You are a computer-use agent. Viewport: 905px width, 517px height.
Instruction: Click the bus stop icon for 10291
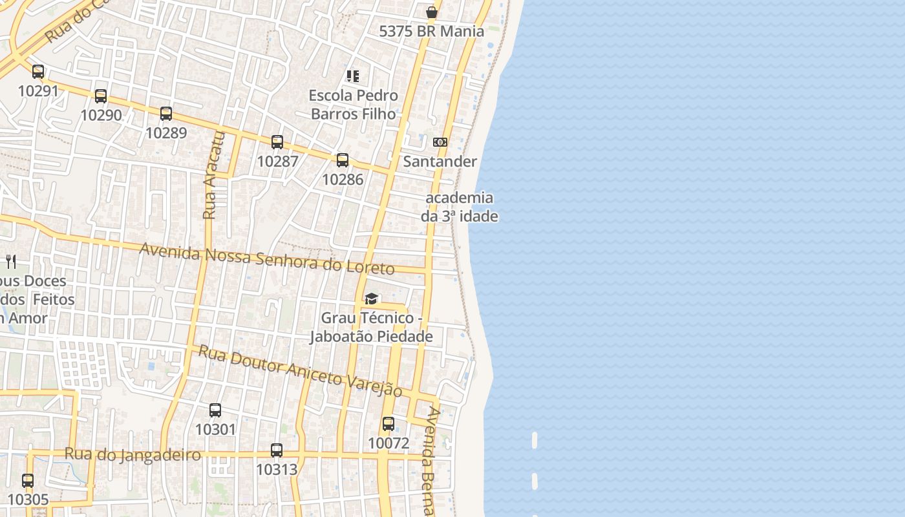tap(38, 72)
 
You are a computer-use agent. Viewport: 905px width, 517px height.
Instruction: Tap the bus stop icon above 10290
tap(101, 96)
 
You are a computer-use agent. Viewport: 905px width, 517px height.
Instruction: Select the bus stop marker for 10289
tap(166, 114)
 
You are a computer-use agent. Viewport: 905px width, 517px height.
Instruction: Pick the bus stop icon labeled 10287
tap(277, 142)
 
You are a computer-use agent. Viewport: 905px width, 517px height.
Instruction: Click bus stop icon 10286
tap(343, 160)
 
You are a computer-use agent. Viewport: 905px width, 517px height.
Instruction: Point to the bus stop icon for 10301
tap(215, 410)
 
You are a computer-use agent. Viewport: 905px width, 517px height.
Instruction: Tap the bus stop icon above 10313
tap(277, 450)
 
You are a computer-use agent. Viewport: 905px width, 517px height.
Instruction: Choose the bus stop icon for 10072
tap(389, 424)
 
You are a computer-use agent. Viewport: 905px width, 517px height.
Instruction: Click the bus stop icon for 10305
tap(28, 481)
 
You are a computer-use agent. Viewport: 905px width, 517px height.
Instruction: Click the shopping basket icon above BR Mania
tap(432, 12)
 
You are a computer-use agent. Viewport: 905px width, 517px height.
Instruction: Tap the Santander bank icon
tap(440, 142)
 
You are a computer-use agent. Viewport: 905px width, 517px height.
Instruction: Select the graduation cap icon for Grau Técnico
tap(371, 299)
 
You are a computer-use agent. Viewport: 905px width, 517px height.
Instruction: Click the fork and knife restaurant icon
tap(10, 261)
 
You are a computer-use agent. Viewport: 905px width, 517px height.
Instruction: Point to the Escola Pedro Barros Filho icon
tap(353, 76)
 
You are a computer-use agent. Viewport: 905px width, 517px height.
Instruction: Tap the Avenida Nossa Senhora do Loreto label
tap(266, 258)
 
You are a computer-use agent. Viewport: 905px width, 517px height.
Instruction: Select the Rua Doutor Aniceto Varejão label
tap(299, 371)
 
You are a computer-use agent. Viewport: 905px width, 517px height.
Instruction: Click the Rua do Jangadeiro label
tap(133, 454)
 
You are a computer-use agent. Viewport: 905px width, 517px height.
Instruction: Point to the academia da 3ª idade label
tap(460, 207)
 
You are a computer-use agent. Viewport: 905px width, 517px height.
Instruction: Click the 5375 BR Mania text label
tap(431, 31)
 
